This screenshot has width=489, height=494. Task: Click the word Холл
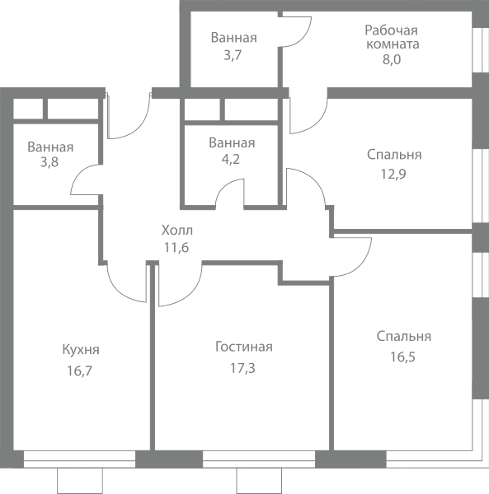(x=177, y=231)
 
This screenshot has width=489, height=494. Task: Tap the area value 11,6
(x=176, y=248)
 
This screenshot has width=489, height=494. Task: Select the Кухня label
(x=81, y=349)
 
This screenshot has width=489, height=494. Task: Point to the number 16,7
(x=79, y=370)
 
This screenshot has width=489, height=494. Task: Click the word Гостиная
(x=244, y=347)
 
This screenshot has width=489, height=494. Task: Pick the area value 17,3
(x=242, y=368)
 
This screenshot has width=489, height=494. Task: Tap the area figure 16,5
(x=403, y=357)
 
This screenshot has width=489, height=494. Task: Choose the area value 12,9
(x=393, y=174)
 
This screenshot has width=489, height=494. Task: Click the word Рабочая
(x=391, y=30)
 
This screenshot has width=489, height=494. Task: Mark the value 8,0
(x=392, y=59)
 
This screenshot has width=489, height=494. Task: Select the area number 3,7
(x=233, y=55)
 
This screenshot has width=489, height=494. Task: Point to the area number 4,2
(x=231, y=160)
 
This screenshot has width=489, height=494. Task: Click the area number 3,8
(x=49, y=162)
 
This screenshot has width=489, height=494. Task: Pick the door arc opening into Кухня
(x=118, y=290)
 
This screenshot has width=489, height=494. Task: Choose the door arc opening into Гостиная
(x=190, y=291)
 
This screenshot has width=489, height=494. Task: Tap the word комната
(x=393, y=44)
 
